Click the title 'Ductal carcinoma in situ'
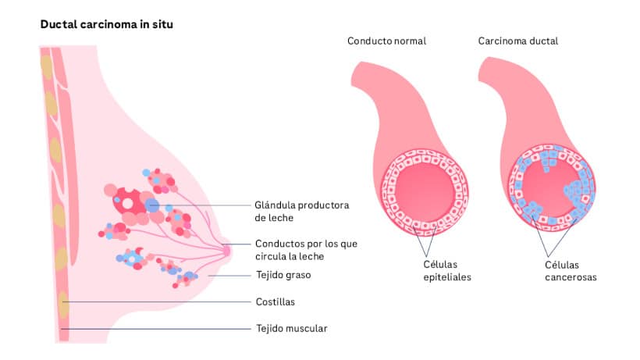coord(106,24)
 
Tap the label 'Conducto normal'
coord(386,41)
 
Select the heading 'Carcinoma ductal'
coord(517,41)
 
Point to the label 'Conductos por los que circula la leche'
coord(306,250)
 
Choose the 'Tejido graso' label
coord(284,275)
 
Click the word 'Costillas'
coord(276,301)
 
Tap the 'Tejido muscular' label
coord(291,328)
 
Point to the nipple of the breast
coord(227,250)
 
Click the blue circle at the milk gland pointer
coord(151,205)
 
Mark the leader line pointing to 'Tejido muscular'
coord(156,329)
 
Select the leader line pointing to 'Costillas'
coord(156,302)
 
